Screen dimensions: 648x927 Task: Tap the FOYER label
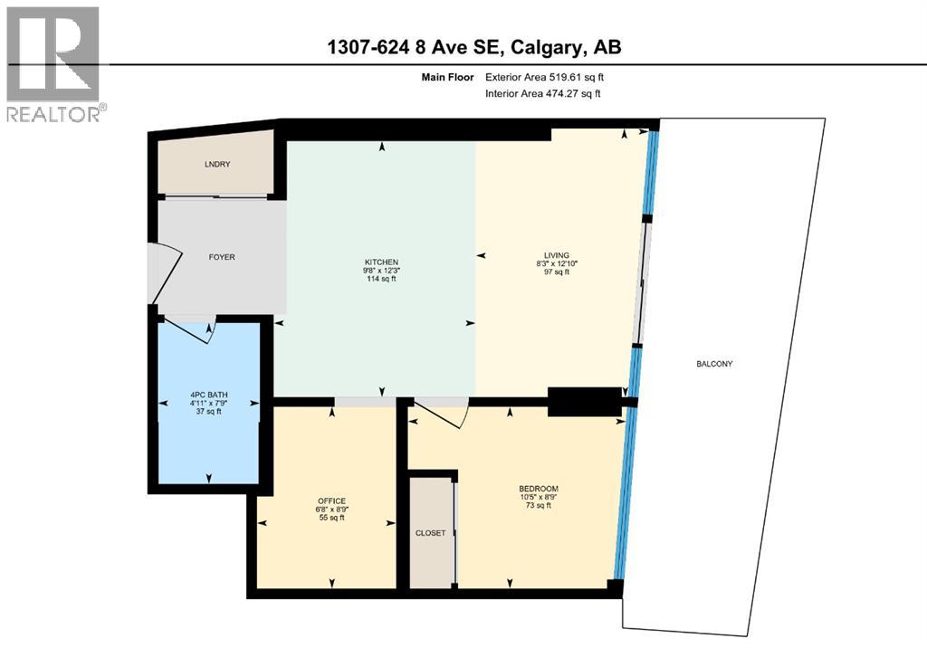[222, 257]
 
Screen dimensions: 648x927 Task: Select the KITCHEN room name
[380, 262]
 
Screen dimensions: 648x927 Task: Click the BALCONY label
[714, 364]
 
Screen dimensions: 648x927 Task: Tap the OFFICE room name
[331, 500]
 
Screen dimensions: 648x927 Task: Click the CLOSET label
[430, 533]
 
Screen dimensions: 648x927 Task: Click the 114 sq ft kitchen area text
[380, 279]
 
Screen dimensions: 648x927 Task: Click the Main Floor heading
[445, 77]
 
